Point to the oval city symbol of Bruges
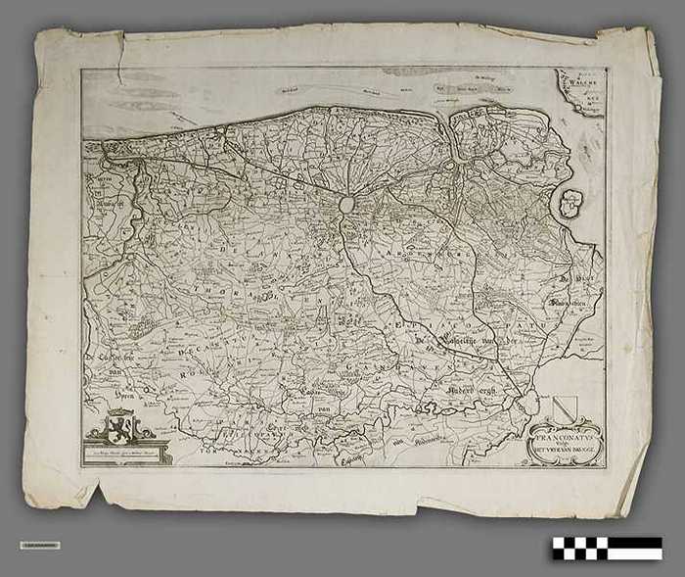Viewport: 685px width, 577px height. [345, 205]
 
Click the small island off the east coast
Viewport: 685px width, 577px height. [569, 204]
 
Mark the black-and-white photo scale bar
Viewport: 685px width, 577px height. [607, 548]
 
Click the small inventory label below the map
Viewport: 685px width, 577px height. [39, 545]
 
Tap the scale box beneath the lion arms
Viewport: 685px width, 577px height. [126, 452]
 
